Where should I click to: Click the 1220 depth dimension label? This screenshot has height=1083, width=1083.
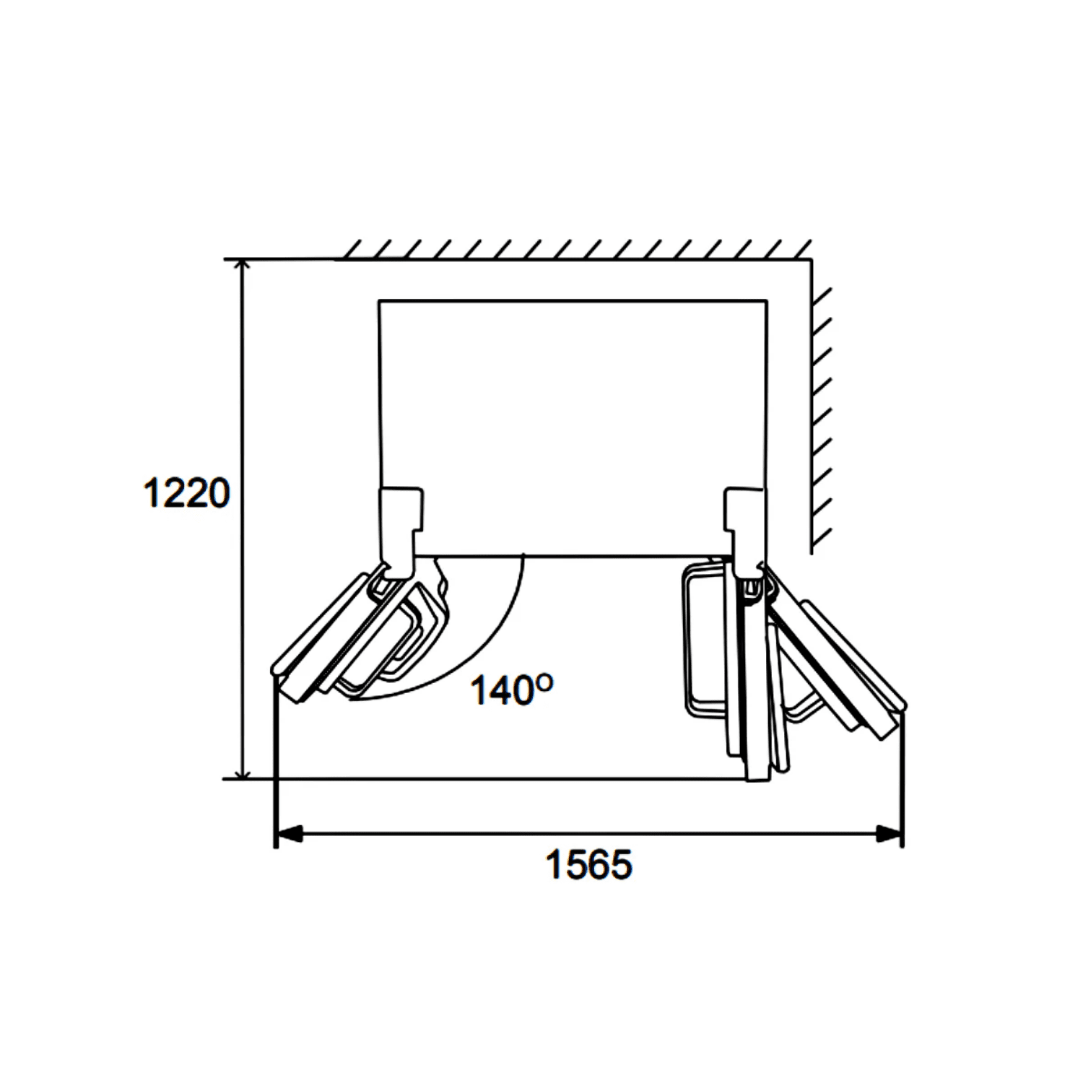click(x=186, y=493)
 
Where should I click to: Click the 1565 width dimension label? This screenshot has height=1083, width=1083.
click(x=588, y=864)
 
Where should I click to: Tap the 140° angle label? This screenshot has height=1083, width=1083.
click(x=512, y=690)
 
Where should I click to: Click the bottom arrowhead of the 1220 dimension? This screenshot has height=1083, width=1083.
click(x=243, y=770)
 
